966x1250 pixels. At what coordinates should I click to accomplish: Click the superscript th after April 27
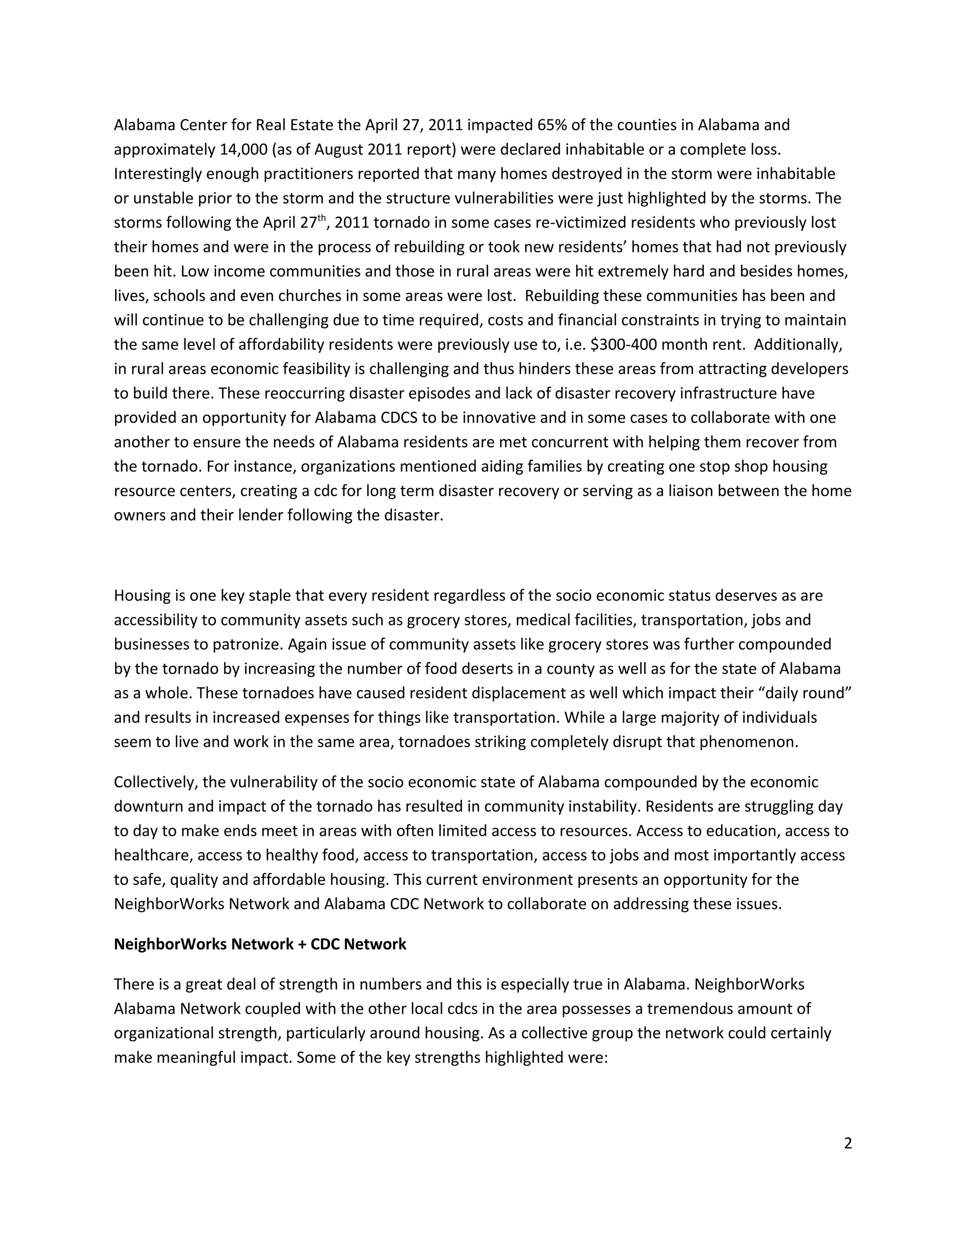(x=322, y=217)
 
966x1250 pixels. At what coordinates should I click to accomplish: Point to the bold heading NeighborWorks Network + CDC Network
(x=260, y=944)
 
